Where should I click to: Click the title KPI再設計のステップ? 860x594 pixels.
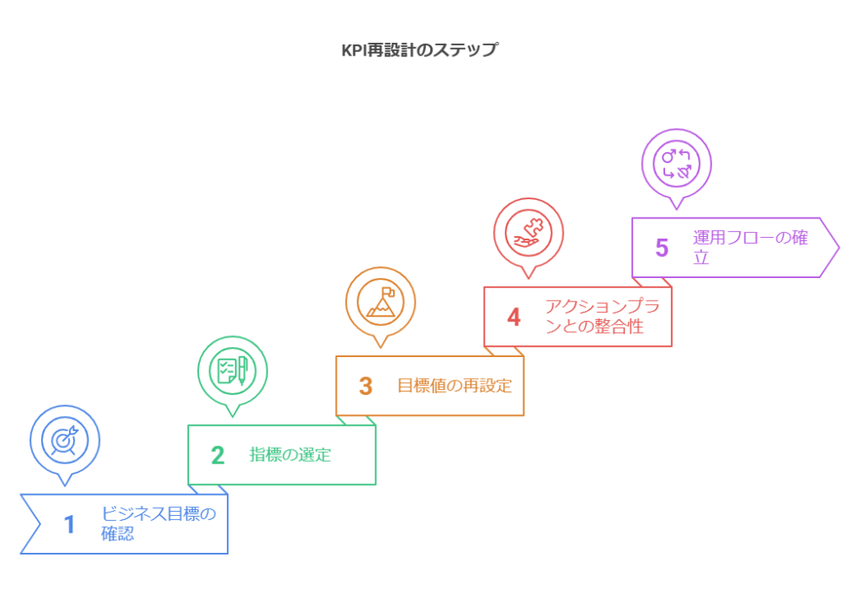[x=419, y=50]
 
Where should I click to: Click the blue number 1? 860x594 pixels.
[x=70, y=524]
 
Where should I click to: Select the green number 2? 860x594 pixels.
[x=218, y=455]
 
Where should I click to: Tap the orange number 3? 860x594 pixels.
[x=365, y=386]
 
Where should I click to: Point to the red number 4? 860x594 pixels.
[x=514, y=317]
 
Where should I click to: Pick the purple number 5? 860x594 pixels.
[x=662, y=248]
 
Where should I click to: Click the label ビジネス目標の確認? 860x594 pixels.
[x=158, y=523]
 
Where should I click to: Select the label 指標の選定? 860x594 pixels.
[x=291, y=455]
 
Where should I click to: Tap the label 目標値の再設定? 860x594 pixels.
[x=454, y=386]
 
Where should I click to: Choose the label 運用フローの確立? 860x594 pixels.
[x=750, y=247]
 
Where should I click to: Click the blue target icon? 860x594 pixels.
[x=65, y=439]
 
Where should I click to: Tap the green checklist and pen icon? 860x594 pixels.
[x=233, y=370]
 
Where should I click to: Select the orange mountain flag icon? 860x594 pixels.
[x=380, y=301]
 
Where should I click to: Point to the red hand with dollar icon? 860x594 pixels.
[x=528, y=232]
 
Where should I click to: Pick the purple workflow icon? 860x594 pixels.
[x=676, y=163]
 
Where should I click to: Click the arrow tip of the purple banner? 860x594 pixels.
[x=838, y=247]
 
